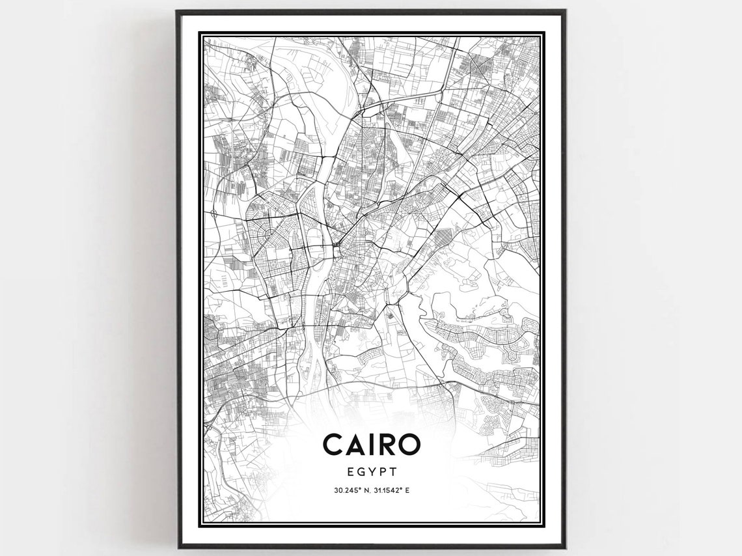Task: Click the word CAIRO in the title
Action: click(x=372, y=445)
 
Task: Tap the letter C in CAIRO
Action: click(x=333, y=445)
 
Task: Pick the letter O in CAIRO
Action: click(x=410, y=445)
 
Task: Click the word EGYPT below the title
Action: click(x=372, y=469)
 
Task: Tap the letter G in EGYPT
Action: click(x=361, y=469)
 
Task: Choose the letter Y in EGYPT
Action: click(x=372, y=469)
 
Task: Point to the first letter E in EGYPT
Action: click(x=350, y=469)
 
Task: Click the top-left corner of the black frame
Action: click(x=177, y=11)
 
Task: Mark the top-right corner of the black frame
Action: click(x=564, y=11)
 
